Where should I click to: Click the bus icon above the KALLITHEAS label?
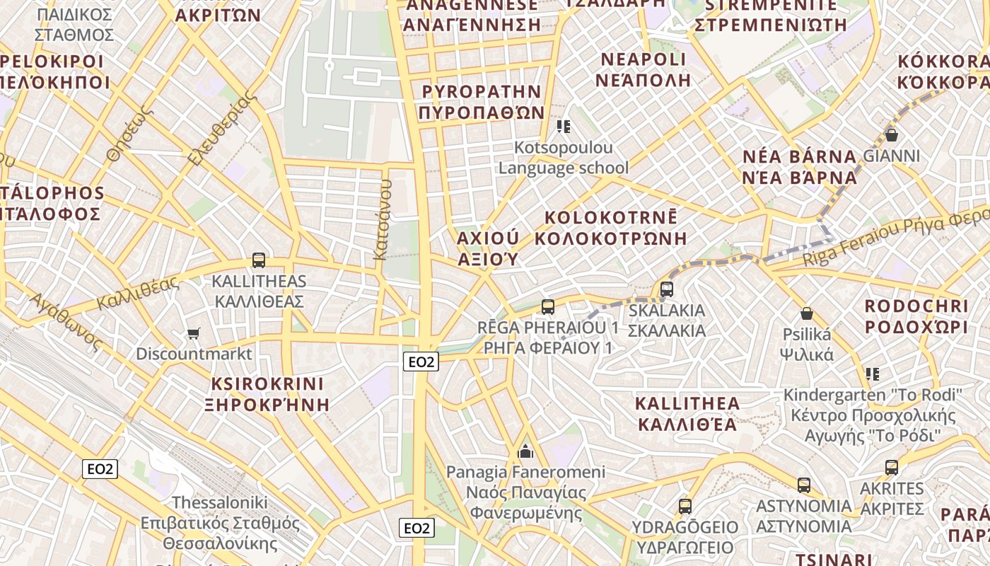pyautogui.click(x=259, y=260)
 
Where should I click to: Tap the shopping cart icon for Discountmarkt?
pyautogui.click(x=193, y=333)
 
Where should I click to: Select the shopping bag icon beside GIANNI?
pyautogui.click(x=892, y=134)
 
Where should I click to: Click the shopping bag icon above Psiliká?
pyautogui.click(x=807, y=313)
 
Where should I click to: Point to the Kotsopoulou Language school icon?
pyautogui.click(x=564, y=127)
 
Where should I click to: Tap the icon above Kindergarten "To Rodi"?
pyautogui.click(x=873, y=374)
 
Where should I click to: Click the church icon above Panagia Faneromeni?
pyautogui.click(x=525, y=451)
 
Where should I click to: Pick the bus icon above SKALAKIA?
pyautogui.click(x=667, y=289)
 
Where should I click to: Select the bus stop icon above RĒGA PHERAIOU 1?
pyautogui.click(x=548, y=306)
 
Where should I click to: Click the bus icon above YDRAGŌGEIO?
pyautogui.click(x=685, y=507)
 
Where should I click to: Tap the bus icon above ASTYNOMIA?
pyautogui.click(x=804, y=485)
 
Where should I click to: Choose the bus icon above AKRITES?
pyautogui.click(x=892, y=468)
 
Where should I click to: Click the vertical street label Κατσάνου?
pyautogui.click(x=383, y=219)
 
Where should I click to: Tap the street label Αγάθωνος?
pyautogui.click(x=65, y=321)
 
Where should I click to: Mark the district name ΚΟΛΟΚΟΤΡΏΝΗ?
pyautogui.click(x=611, y=238)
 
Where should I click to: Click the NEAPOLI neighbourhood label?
pyautogui.click(x=642, y=59)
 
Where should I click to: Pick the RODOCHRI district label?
pyautogui.click(x=916, y=306)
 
